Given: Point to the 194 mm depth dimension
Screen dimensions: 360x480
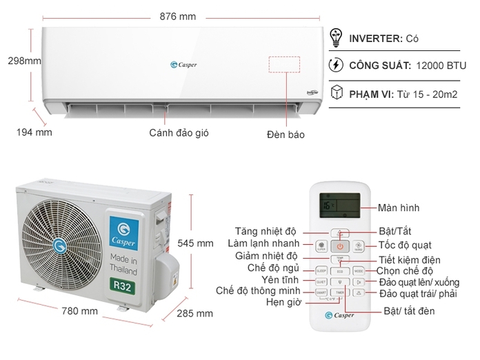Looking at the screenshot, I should tap(34, 132).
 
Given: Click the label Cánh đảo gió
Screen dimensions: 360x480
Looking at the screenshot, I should tap(179, 132).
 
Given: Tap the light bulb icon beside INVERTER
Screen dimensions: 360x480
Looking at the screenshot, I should tap(337, 38).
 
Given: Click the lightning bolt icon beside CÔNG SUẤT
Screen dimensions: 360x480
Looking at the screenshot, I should tap(337, 66).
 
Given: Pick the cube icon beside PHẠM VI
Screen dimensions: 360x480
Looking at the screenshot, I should tap(337, 93).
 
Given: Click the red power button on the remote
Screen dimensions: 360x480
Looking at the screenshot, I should tap(340, 246).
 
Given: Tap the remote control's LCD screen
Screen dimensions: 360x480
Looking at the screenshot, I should tap(340, 205).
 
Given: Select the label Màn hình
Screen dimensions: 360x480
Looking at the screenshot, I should tap(399, 208).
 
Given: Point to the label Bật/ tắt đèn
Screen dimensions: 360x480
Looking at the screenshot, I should tap(410, 312).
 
